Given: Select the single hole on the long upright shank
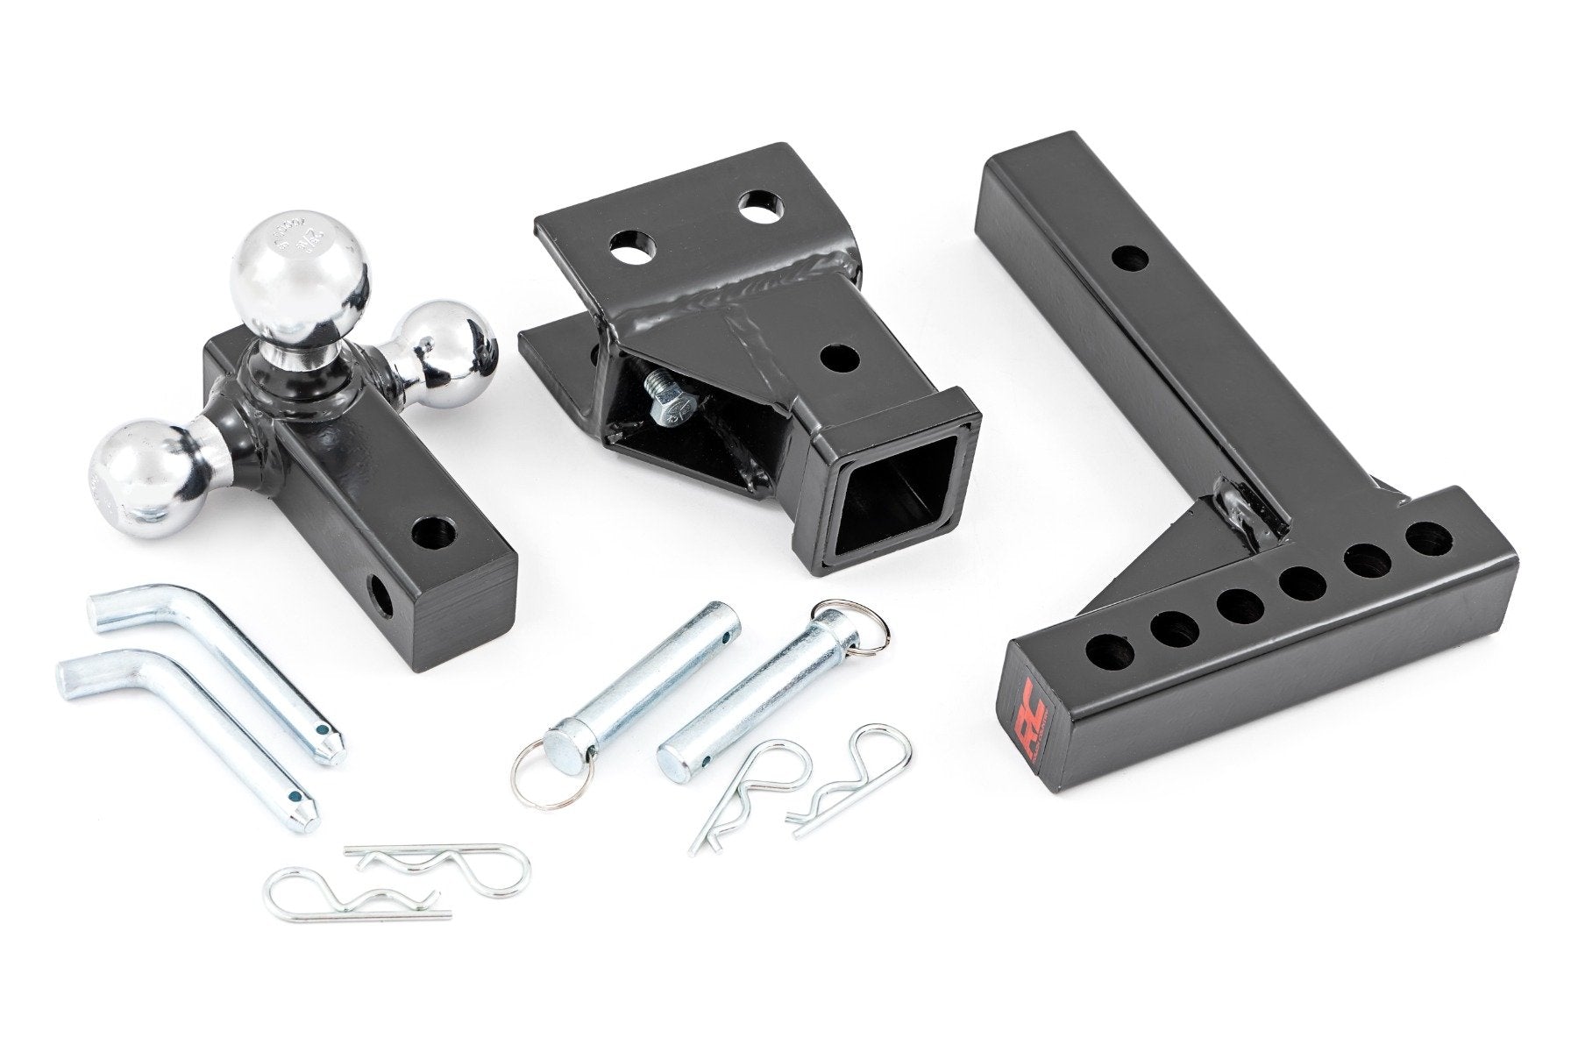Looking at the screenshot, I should [x=1129, y=258].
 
